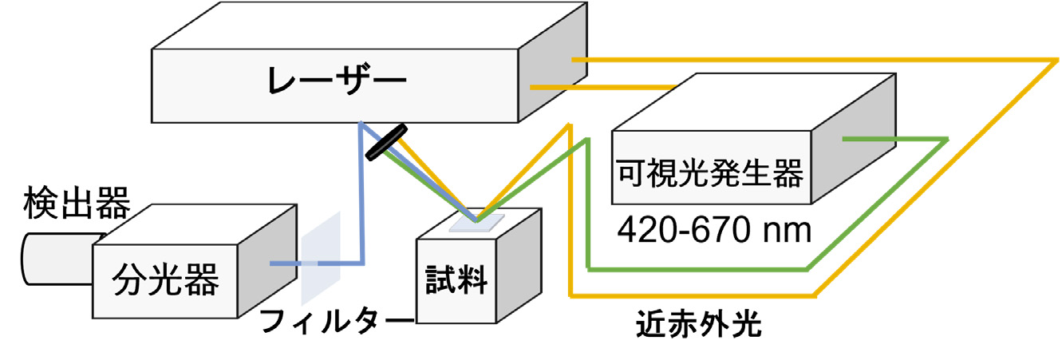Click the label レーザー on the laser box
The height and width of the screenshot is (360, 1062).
(338, 81)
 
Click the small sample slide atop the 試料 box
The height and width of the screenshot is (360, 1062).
(477, 224)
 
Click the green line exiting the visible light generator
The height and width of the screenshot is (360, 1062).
(894, 140)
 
